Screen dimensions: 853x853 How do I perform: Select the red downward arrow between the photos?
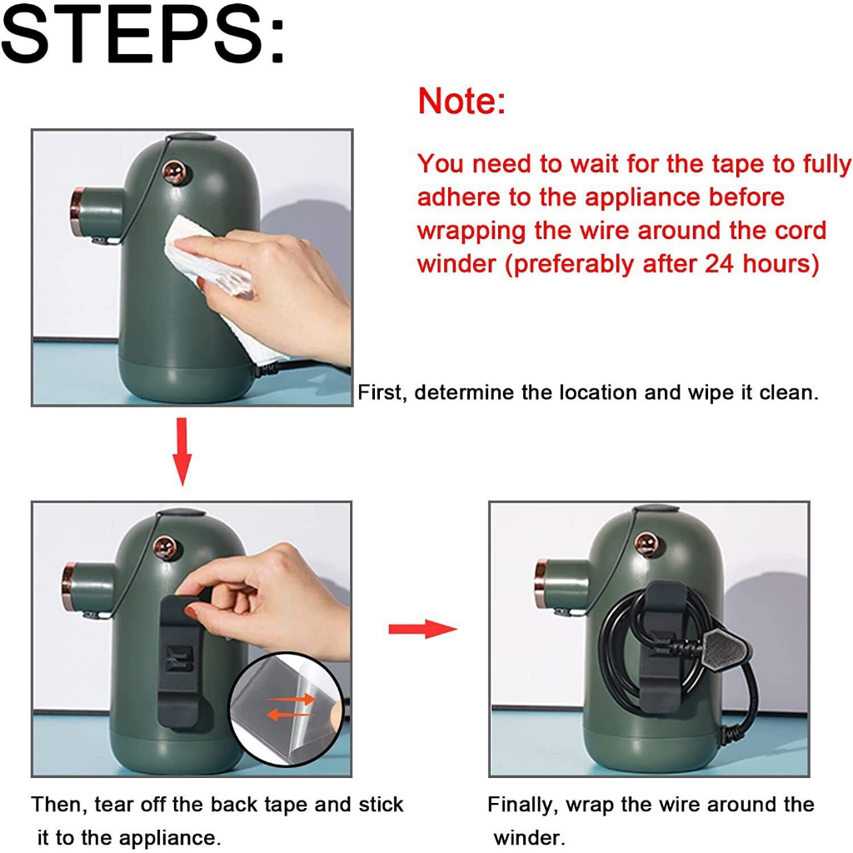182,451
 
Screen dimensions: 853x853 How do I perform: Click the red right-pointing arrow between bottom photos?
422,629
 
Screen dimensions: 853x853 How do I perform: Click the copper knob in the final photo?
646,544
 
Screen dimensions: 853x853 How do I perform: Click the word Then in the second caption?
58,804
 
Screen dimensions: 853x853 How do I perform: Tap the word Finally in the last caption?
522,805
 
